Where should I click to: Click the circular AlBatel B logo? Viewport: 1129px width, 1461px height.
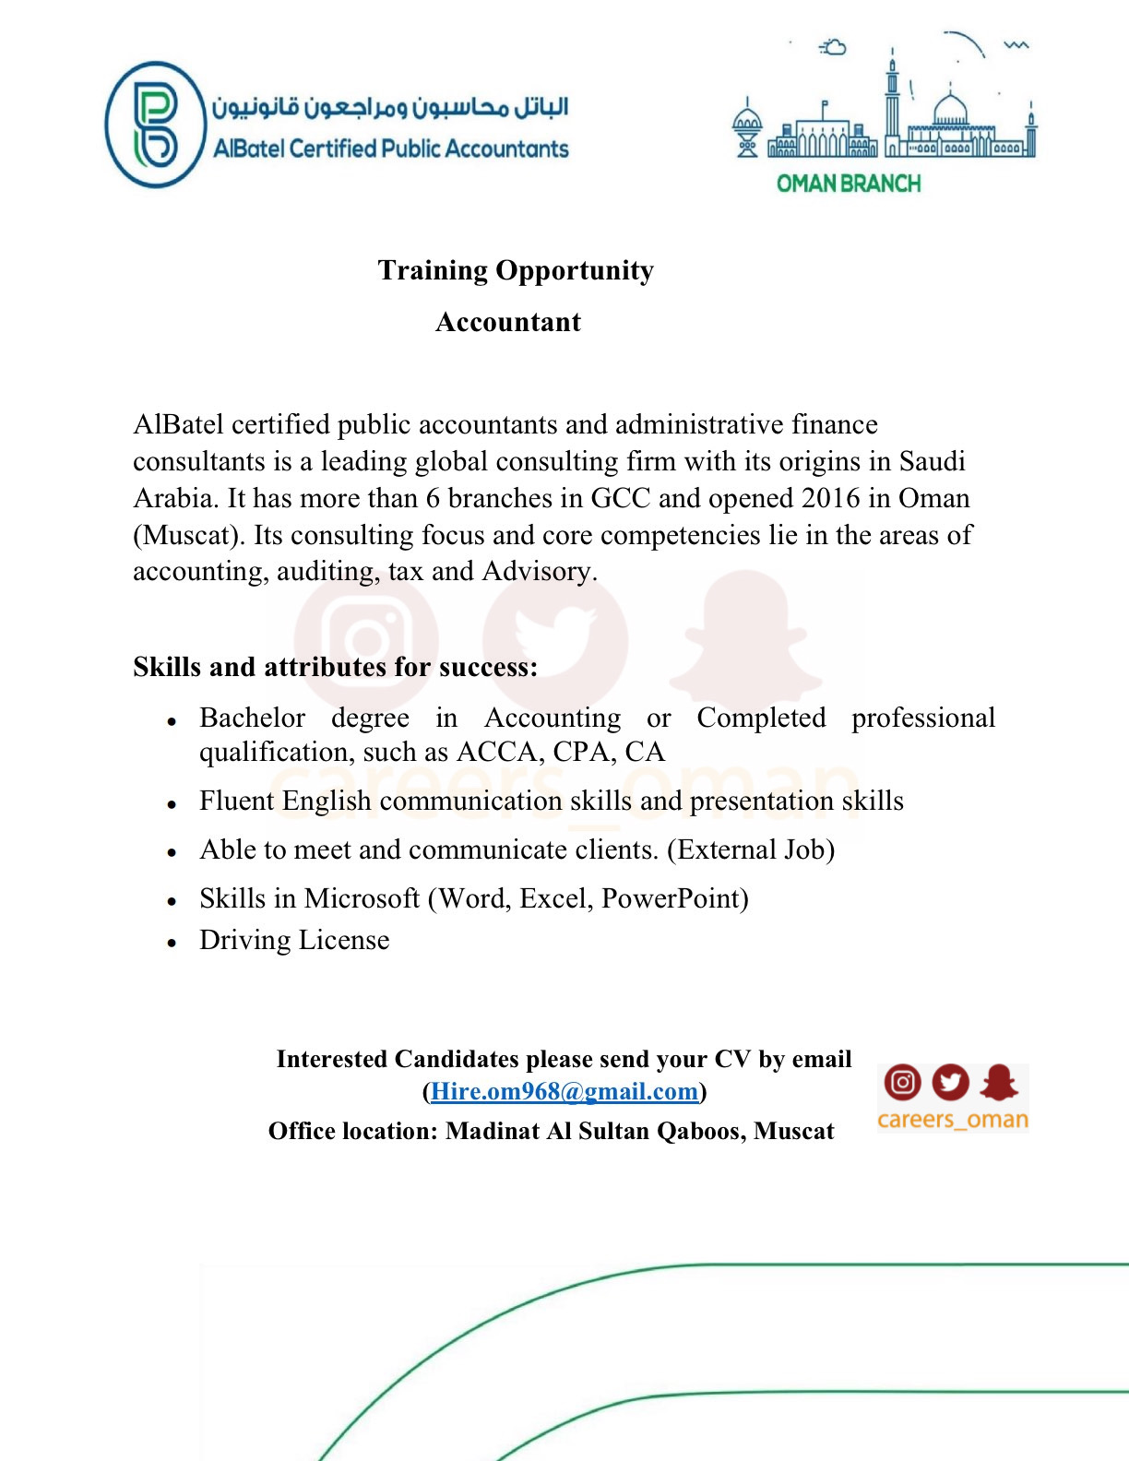(155, 125)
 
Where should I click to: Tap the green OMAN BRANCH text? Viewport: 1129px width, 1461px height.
(848, 184)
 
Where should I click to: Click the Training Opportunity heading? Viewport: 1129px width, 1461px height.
(516, 270)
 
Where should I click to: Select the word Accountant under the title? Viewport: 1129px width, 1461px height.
(508, 322)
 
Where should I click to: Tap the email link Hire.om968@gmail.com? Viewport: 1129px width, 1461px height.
(564, 1091)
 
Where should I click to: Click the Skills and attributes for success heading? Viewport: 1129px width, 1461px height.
(335, 667)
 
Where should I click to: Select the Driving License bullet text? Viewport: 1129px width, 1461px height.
(294, 940)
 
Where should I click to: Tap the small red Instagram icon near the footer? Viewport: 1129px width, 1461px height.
(903, 1082)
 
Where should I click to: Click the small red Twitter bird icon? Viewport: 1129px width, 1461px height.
(951, 1082)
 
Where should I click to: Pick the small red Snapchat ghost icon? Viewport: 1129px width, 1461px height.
(999, 1082)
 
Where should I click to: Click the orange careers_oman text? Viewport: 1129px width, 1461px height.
(953, 1120)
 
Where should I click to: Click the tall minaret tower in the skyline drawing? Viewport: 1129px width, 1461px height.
(892, 101)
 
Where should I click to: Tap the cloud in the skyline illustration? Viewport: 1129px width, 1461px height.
(834, 47)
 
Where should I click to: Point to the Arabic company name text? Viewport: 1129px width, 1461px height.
(390, 108)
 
